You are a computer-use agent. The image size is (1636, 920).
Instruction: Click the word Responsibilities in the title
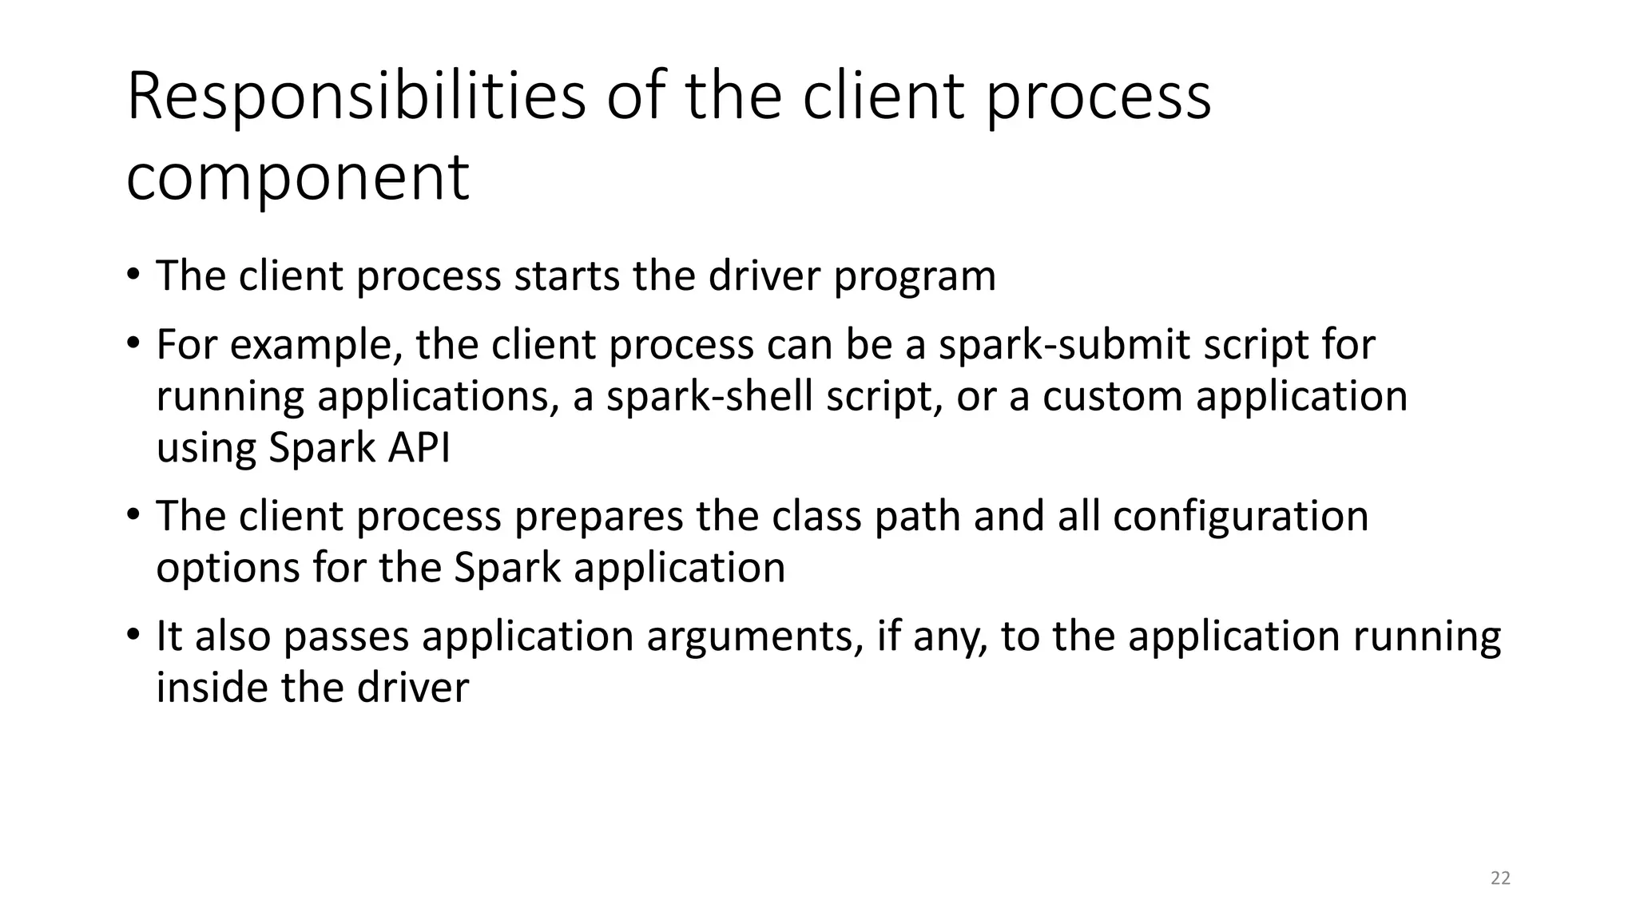point(355,97)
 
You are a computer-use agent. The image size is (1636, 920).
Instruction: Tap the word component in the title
point(297,178)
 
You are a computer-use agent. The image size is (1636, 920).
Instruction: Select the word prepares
point(598,517)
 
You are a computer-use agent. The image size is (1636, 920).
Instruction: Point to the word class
point(816,516)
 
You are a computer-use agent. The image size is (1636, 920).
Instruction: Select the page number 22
point(1500,878)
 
